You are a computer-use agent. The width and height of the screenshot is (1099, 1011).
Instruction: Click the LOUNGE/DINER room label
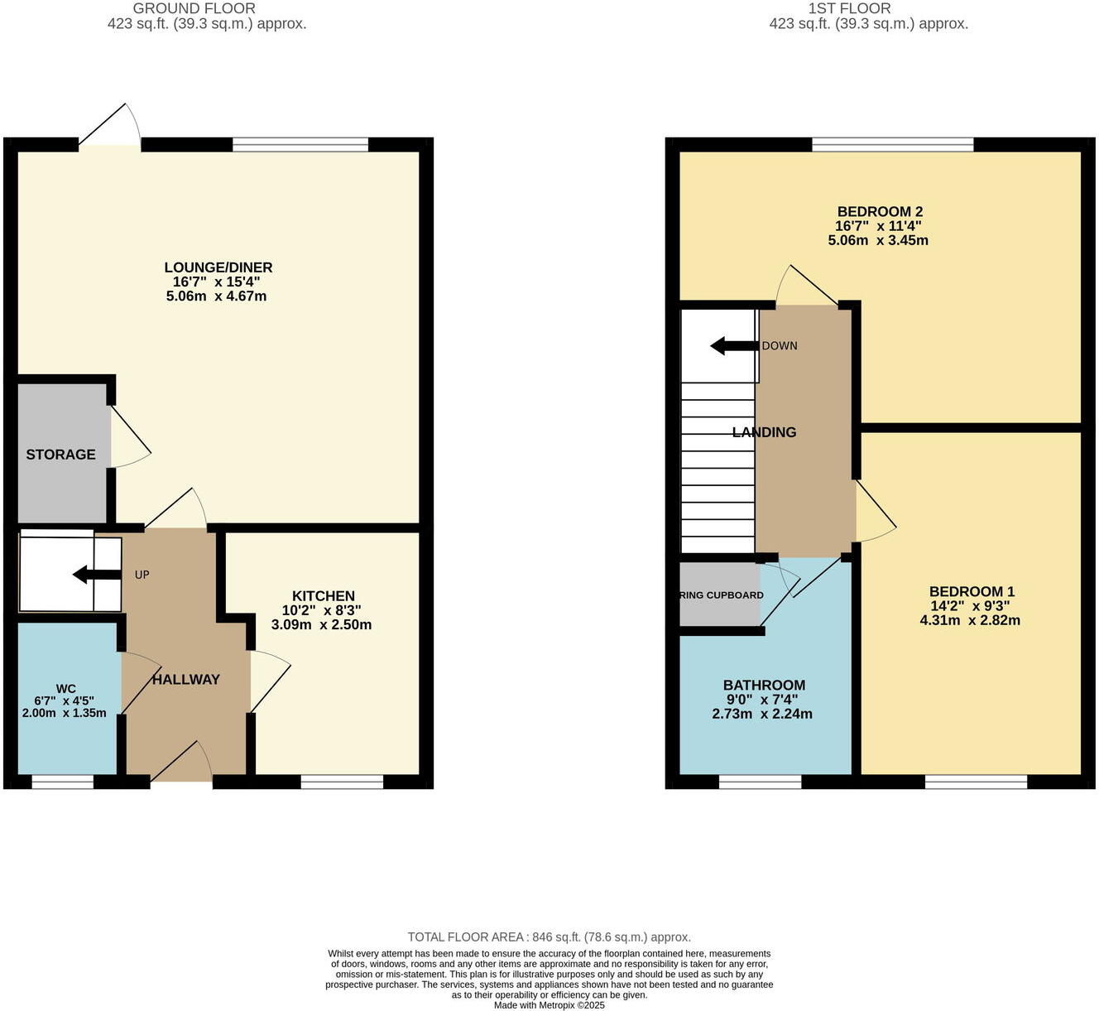click(x=218, y=267)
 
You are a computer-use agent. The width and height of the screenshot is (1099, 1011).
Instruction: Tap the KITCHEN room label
click(x=323, y=596)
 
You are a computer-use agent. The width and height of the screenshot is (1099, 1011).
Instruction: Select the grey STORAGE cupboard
click(x=62, y=453)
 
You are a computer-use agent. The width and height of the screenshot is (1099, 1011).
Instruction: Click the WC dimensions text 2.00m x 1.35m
click(x=64, y=713)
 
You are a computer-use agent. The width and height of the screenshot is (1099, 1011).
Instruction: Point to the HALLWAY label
click(x=185, y=680)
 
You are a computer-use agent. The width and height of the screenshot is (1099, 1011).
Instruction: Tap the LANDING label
click(x=764, y=432)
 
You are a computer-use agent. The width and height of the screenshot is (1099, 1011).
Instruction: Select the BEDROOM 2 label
click(x=879, y=212)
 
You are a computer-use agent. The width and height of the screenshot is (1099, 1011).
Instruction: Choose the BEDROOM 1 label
click(x=971, y=591)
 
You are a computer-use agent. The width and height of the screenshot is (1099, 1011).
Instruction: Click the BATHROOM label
click(x=764, y=685)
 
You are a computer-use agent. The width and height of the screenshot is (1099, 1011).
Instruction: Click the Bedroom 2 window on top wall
click(x=892, y=145)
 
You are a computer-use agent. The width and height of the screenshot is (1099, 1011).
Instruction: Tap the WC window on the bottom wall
click(x=63, y=782)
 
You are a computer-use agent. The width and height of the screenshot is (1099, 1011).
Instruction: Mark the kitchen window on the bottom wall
click(x=342, y=782)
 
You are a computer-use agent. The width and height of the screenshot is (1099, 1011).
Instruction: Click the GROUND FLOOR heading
click(x=194, y=8)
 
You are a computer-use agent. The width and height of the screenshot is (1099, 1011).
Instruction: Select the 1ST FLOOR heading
click(x=849, y=8)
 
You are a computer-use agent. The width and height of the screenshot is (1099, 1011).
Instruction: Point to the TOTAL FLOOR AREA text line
click(x=549, y=937)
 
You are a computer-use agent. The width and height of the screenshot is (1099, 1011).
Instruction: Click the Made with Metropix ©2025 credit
click(x=549, y=1005)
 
